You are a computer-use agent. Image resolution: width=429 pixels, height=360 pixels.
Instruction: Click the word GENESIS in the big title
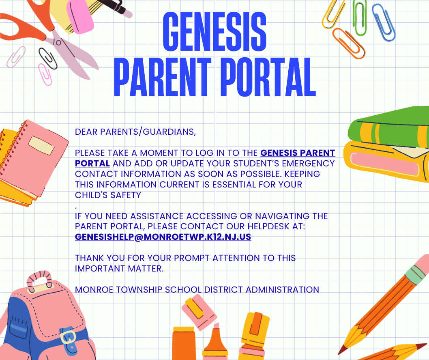click(x=214, y=32)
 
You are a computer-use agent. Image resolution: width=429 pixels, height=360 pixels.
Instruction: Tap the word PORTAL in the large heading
click(x=268, y=77)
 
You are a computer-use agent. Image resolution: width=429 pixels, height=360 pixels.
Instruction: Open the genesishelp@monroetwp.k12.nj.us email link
click(x=163, y=237)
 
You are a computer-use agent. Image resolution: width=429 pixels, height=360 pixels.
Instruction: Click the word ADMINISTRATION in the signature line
click(x=282, y=290)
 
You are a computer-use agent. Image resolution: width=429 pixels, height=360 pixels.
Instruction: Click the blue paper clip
click(x=384, y=22)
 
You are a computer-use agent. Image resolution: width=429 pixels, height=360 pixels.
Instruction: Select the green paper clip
click(x=360, y=18)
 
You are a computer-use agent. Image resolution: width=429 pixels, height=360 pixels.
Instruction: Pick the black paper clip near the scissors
click(x=47, y=58)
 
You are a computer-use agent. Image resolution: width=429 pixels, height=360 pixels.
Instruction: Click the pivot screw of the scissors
click(x=58, y=43)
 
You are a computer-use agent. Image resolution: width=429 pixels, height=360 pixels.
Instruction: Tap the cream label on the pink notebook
click(x=41, y=145)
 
